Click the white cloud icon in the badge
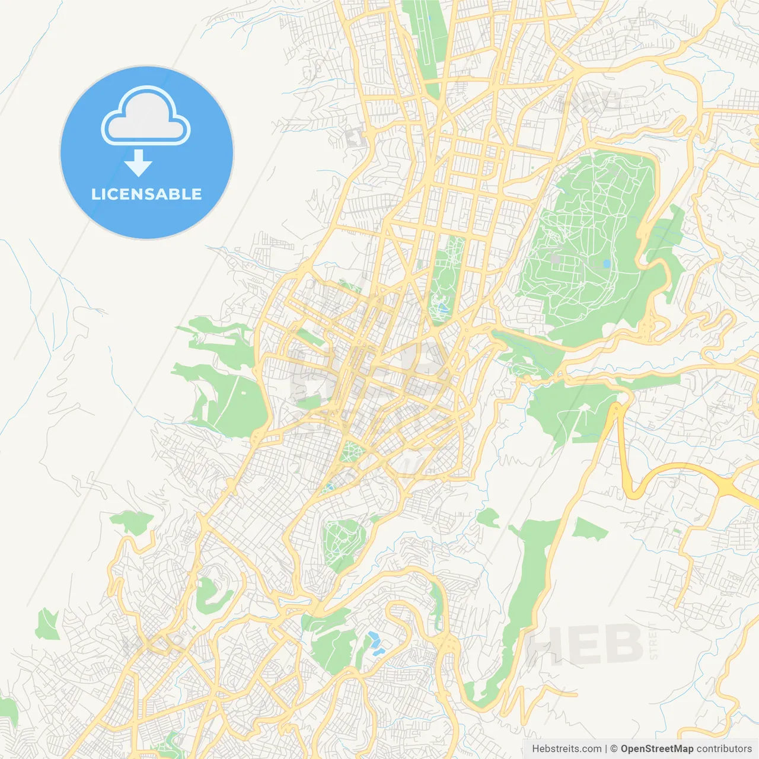(146, 117)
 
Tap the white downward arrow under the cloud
(139, 163)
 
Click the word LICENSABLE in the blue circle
(146, 194)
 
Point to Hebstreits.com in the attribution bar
(566, 749)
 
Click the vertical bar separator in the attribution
(605, 749)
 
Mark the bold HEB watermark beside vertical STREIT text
(584, 645)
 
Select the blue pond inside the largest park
(605, 264)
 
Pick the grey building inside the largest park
(554, 259)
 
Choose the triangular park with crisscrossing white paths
(352, 452)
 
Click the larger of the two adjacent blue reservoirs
(375, 639)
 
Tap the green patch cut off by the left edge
(7, 712)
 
